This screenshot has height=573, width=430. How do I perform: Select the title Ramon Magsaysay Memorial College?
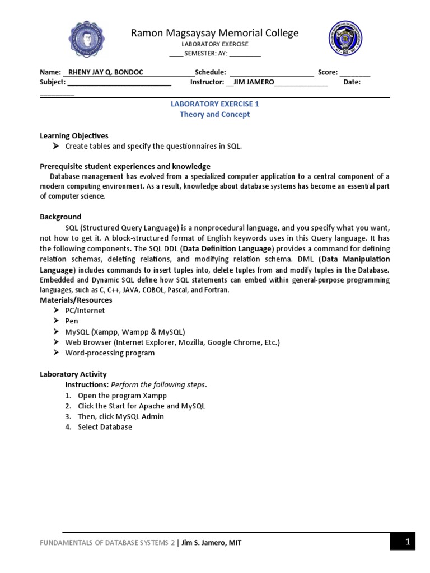214,33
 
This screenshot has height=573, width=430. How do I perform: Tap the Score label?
328,72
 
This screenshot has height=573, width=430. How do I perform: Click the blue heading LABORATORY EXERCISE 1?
214,104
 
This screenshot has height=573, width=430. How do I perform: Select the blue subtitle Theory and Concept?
214,114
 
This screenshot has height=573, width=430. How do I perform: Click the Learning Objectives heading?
74,135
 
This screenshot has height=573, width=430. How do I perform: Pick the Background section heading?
60,217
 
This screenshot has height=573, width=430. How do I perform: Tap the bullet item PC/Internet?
85,311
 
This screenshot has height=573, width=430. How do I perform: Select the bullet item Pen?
72,321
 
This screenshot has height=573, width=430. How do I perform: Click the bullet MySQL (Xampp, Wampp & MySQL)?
125,332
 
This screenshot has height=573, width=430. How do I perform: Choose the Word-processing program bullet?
110,353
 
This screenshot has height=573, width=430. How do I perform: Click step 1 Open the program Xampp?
114,396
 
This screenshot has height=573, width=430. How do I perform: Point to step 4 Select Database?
105,427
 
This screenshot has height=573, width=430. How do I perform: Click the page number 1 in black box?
408,542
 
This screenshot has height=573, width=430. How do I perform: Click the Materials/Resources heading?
76,300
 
